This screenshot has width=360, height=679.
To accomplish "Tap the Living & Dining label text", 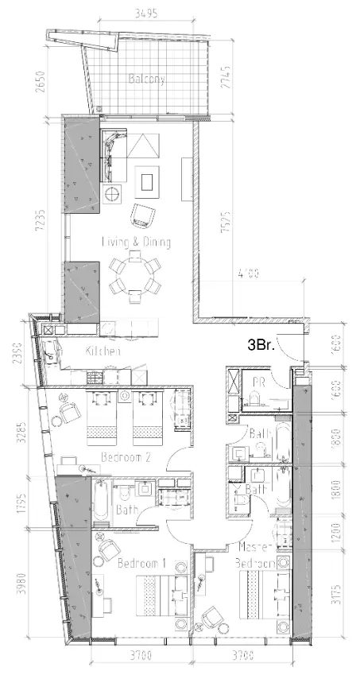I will [x=136, y=242].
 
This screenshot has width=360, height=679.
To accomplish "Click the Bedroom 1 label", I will [x=141, y=564].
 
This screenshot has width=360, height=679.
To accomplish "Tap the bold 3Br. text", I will [x=262, y=345].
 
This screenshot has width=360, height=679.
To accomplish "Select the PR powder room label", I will [x=258, y=382].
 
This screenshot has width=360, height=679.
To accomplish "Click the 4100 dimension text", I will [x=248, y=275].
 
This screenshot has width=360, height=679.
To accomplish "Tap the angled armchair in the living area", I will [x=144, y=215].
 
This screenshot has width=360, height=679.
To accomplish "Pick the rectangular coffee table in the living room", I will [x=148, y=182].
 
